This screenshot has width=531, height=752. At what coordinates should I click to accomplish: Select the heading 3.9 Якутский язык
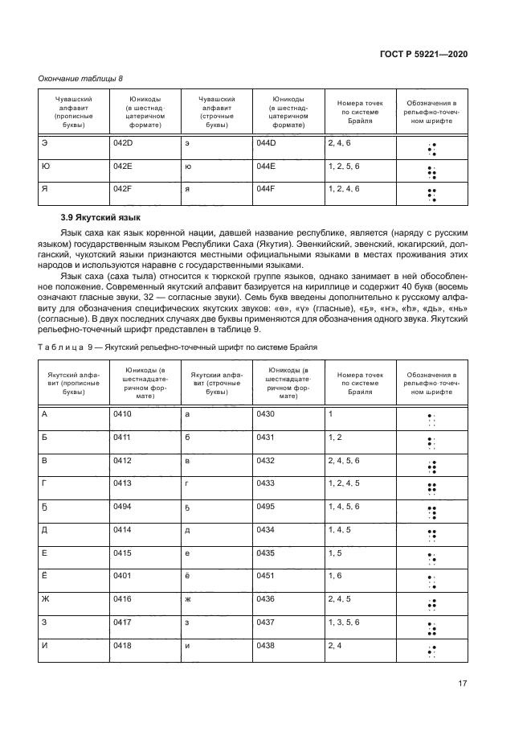coord(100,217)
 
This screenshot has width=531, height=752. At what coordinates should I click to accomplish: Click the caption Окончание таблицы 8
coord(81,78)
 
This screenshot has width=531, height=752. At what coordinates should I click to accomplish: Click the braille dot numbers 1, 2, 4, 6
coord(344,188)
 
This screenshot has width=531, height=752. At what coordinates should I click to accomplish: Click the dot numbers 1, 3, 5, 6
coord(344,623)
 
